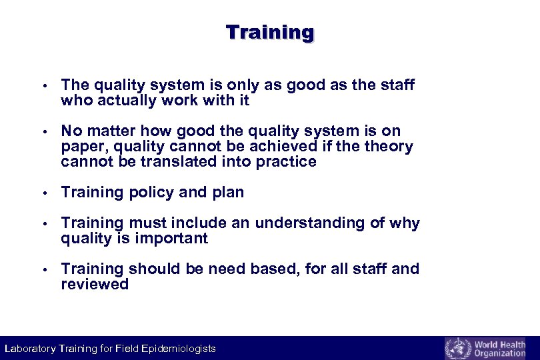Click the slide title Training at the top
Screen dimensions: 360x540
(x=269, y=32)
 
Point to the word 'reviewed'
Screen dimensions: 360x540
(x=94, y=285)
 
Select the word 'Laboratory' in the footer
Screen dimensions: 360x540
(x=29, y=349)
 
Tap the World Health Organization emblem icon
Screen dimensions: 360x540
(x=457, y=349)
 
